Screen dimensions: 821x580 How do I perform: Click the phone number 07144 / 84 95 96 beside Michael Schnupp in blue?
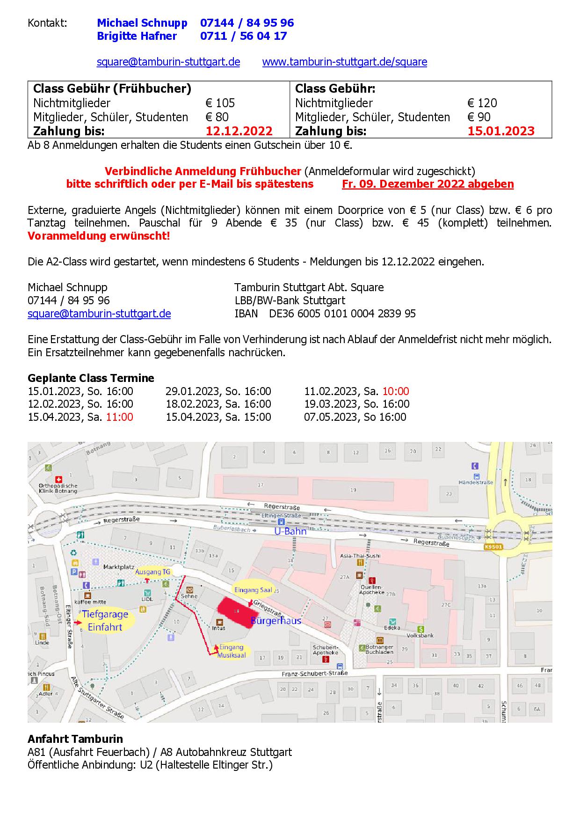tap(247, 23)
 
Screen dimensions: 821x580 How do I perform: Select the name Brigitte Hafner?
tap(137, 36)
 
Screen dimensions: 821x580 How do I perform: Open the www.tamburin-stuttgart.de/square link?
tap(344, 62)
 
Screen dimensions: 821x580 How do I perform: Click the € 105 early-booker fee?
tap(220, 103)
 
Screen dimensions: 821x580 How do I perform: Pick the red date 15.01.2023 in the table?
tap(500, 131)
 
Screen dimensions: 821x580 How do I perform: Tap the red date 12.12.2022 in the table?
tap(239, 131)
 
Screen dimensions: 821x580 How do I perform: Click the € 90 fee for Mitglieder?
tap(478, 117)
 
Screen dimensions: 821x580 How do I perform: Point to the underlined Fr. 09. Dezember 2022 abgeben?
tap(428, 184)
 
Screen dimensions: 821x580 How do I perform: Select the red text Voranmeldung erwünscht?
tap(99, 236)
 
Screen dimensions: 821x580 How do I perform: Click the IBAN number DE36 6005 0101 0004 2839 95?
tap(342, 314)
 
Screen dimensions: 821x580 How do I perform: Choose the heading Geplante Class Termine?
tap(91, 378)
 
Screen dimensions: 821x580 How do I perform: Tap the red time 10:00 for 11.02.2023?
tap(396, 391)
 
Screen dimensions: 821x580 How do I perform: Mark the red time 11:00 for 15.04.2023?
tap(119, 417)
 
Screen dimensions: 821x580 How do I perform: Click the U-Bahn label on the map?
tap(290, 531)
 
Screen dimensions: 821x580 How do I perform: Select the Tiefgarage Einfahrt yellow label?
tap(105, 621)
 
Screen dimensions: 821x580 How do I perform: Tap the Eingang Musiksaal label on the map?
tap(232, 651)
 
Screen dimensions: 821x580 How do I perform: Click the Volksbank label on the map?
tap(420, 636)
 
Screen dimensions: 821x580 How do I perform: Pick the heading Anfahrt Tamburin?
tap(75, 739)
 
